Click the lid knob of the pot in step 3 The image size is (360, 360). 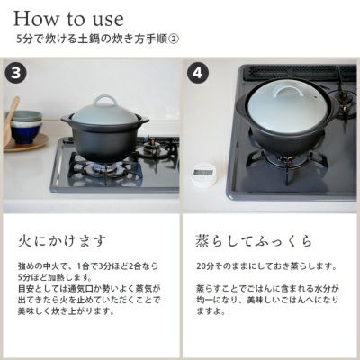105,100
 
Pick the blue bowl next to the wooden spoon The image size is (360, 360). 26,130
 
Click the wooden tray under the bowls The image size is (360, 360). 24,145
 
